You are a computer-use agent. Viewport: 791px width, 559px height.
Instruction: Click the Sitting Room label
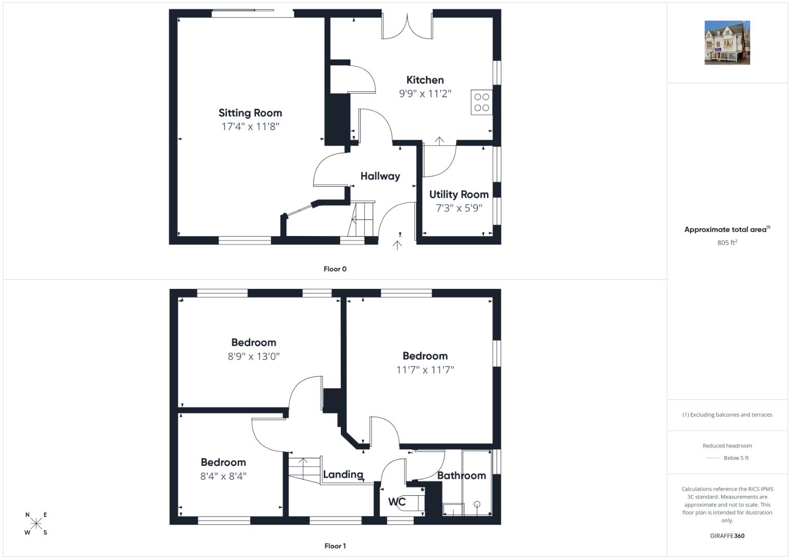click(x=250, y=113)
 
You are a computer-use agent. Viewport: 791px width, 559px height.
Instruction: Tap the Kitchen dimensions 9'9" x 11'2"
click(x=425, y=94)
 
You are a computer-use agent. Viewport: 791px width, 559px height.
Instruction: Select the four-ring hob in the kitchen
click(x=481, y=102)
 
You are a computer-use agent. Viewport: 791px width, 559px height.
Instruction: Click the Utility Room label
click(x=459, y=195)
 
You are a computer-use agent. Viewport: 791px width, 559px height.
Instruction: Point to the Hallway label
click(x=380, y=176)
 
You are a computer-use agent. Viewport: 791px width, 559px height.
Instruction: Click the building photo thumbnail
click(x=727, y=42)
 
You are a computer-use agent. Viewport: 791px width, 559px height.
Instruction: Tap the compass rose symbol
click(x=36, y=523)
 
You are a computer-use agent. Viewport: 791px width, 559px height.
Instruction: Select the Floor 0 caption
click(x=335, y=269)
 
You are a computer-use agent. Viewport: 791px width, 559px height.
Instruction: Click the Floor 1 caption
click(x=335, y=546)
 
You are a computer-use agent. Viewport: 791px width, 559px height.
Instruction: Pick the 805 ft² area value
click(x=727, y=242)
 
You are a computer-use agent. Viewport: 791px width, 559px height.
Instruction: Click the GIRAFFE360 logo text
click(x=727, y=536)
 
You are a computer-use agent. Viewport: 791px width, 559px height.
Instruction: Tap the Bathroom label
click(x=462, y=476)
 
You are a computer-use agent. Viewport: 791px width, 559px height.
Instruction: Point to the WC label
click(x=397, y=502)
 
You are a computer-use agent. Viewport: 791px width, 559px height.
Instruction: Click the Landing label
click(x=343, y=475)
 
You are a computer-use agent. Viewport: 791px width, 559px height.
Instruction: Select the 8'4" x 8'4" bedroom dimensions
click(x=223, y=476)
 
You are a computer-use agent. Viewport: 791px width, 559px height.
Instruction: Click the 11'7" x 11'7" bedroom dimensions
click(x=425, y=370)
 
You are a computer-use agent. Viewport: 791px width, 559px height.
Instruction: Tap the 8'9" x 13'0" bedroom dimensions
click(x=253, y=357)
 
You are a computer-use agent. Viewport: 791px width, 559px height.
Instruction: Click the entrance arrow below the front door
click(x=397, y=245)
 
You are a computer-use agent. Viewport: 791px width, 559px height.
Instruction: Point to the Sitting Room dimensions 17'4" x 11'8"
click(x=250, y=127)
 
